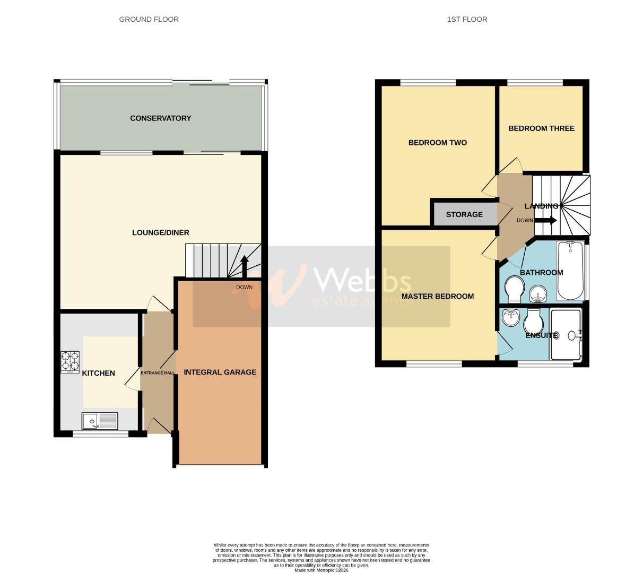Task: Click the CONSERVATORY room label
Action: (160, 118)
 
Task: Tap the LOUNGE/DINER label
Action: (160, 232)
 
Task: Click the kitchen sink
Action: (100, 421)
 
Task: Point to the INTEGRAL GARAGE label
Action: (220, 372)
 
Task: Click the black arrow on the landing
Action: (545, 220)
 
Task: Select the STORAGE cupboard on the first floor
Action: (464, 214)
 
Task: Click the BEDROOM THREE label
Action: (541, 128)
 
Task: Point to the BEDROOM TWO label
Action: (437, 143)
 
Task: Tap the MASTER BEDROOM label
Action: (437, 296)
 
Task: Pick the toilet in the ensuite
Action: (532, 324)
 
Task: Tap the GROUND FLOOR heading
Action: (149, 19)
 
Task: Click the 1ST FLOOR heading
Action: (467, 19)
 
